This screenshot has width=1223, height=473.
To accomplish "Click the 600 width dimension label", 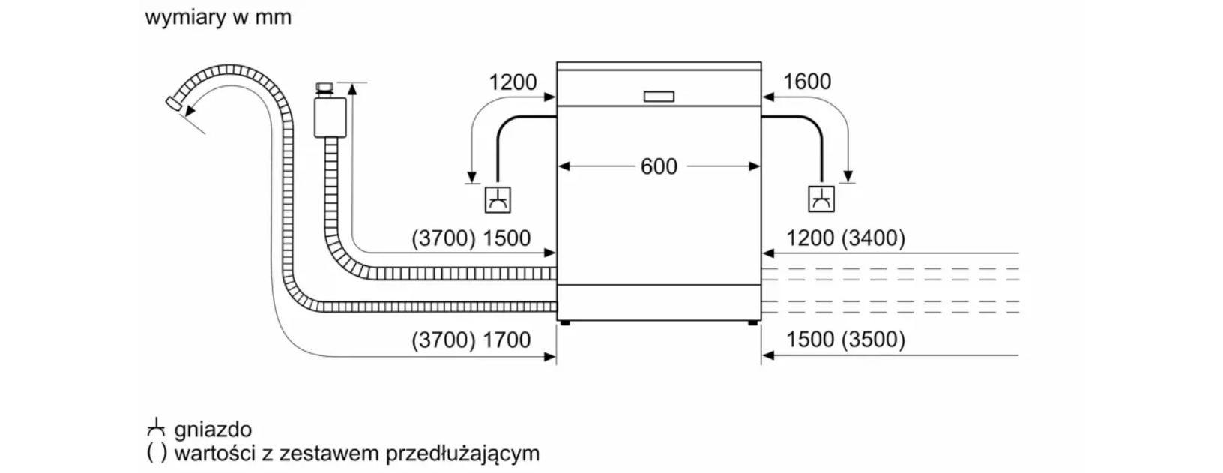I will pos(659,166).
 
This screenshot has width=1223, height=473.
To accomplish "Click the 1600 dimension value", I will pos(807,82).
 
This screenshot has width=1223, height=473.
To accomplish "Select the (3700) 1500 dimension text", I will pos(471,238).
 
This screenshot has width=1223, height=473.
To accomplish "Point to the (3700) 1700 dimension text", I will pos(471,340).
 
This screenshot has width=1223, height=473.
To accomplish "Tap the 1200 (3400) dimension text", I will pos(845,238).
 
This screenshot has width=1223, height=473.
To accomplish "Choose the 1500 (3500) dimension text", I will pos(845,340).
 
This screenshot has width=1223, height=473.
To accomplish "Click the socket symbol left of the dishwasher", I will pos(498,199).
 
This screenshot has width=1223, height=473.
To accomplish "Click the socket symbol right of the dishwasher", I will pos(822,199).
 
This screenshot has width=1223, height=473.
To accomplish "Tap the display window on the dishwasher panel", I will pos(659,97).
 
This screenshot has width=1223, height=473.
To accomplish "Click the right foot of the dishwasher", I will pos(752,323).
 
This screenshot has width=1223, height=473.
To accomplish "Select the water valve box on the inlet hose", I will pos(330,116).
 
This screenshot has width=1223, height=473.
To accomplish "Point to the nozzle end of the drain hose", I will pos(175,103).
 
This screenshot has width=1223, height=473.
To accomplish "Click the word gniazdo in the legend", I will pos(213,430).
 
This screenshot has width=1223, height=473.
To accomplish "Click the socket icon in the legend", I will pos(155,428).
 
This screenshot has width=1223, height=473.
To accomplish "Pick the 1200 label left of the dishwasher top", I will pos(513,82).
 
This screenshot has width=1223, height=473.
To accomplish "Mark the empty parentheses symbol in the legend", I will pos(156,454).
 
